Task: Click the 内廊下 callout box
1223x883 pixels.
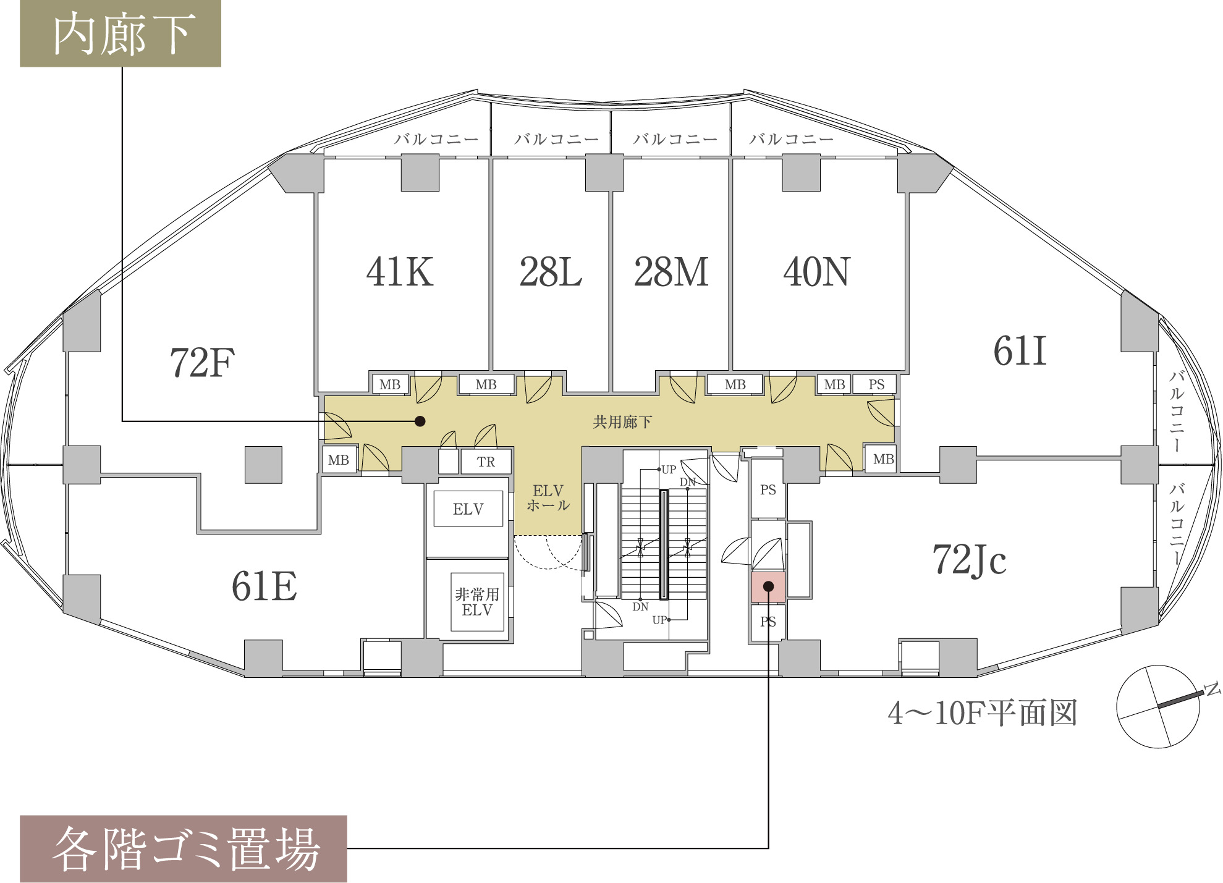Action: [121, 33]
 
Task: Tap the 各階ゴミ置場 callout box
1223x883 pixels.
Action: [184, 848]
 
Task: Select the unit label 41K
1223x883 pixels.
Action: [400, 272]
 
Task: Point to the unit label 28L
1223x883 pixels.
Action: [551, 272]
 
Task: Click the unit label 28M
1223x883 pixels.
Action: [671, 272]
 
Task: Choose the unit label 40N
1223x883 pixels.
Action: [817, 272]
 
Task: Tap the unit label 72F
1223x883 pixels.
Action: [202, 363]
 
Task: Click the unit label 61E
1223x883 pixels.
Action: [264, 586]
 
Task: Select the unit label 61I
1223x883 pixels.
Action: [1020, 352]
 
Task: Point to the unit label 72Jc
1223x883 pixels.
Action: [969, 560]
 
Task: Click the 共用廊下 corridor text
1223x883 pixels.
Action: [622, 422]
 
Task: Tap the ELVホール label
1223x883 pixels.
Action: [548, 498]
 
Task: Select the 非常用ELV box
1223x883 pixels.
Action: [477, 602]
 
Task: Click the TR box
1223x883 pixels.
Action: [486, 462]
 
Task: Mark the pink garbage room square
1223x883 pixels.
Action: [768, 587]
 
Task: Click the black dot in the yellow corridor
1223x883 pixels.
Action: [420, 421]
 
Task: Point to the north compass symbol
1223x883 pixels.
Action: [1158, 706]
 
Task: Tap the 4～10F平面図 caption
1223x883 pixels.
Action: [983, 713]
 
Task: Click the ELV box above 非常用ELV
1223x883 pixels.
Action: [468, 509]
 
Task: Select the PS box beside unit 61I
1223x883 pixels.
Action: [876, 384]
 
